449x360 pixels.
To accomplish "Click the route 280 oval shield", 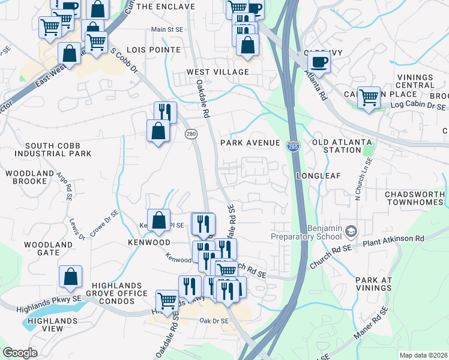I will click(x=191, y=133).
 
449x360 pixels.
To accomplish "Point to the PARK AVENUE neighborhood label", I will click(x=250, y=143).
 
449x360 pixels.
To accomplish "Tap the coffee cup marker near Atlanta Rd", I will click(x=319, y=62).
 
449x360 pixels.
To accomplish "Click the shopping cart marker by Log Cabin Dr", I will click(x=369, y=97).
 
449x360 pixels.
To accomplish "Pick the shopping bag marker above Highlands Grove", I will click(x=70, y=277).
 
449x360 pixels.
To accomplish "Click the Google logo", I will click(x=20, y=353).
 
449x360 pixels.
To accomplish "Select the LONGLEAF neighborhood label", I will click(x=318, y=176).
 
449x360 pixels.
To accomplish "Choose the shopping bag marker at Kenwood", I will click(x=159, y=221).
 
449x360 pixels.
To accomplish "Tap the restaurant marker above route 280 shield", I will click(x=165, y=112).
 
